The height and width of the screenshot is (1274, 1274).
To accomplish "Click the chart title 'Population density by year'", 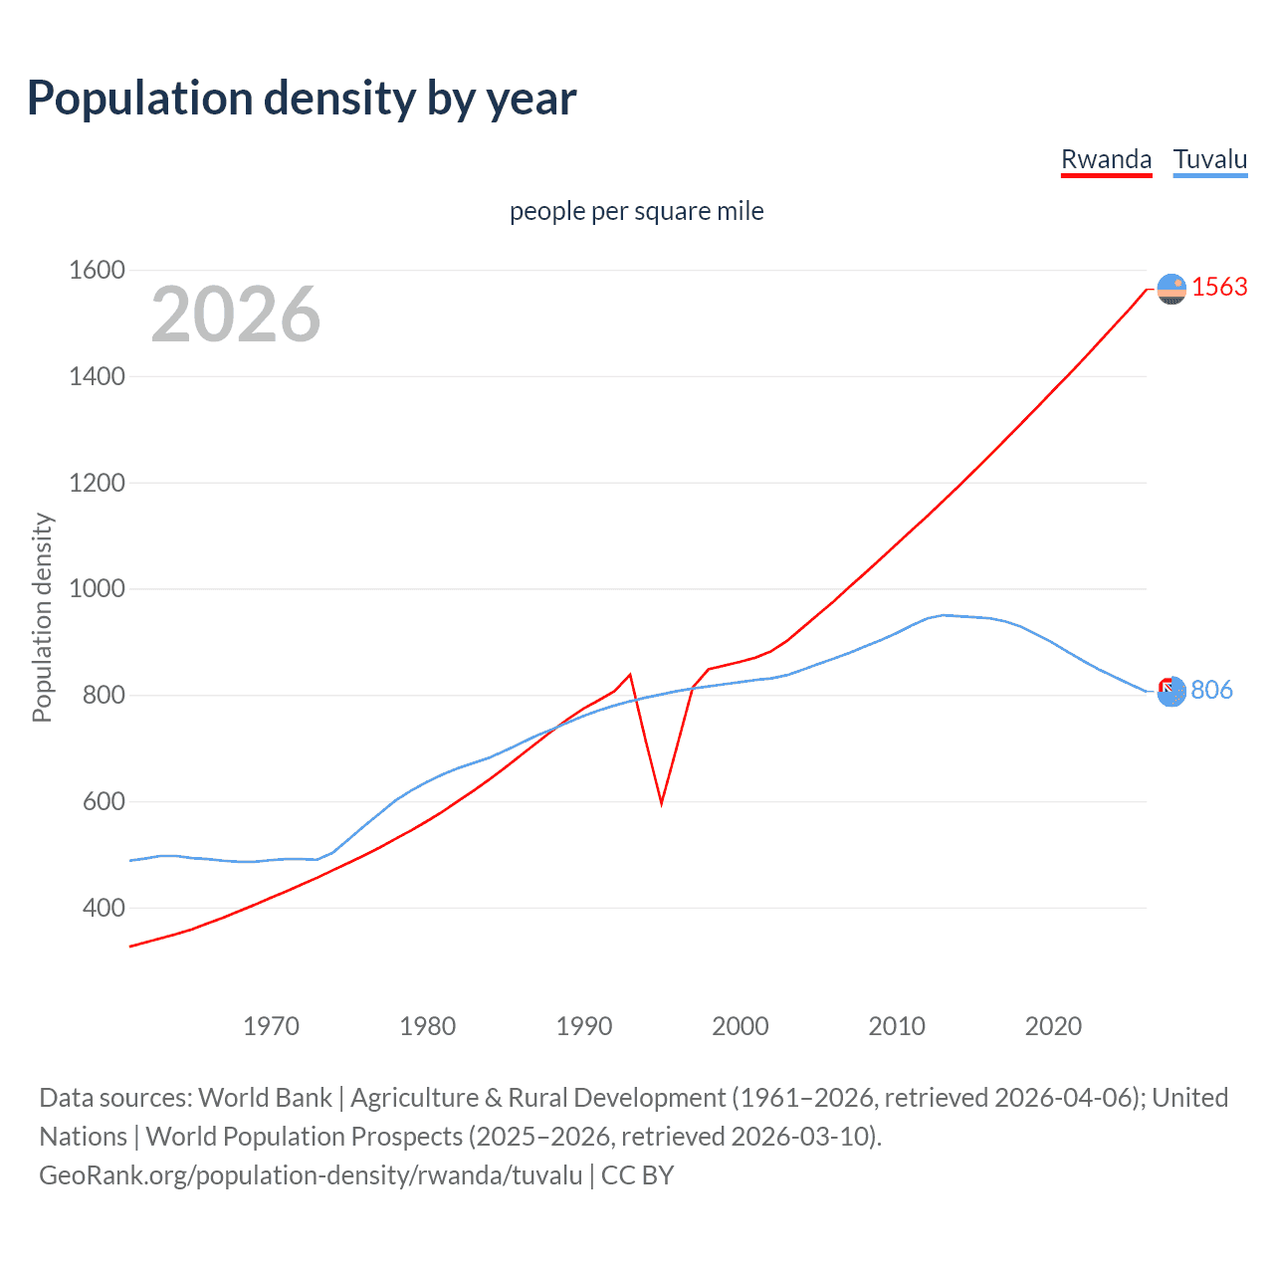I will click(x=302, y=99).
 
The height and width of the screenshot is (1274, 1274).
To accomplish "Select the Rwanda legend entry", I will click(x=1106, y=159).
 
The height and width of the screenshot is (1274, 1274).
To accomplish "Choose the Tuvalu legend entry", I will click(x=1209, y=159).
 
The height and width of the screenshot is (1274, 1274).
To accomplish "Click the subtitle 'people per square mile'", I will click(x=636, y=211).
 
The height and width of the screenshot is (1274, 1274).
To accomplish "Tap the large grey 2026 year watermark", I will click(x=236, y=315).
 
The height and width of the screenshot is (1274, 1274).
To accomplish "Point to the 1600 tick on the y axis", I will click(x=97, y=270).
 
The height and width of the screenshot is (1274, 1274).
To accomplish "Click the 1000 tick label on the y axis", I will click(x=97, y=588).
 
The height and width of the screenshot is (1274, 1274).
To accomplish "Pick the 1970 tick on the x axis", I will click(x=271, y=1026).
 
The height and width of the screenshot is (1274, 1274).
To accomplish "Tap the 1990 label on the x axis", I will click(x=584, y=1026).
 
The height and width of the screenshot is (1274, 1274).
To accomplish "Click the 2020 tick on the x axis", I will click(x=1053, y=1026).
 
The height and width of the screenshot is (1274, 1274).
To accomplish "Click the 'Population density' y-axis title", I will click(x=42, y=617).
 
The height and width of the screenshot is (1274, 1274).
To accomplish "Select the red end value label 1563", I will click(x=1219, y=287).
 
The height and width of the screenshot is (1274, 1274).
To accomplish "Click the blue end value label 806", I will click(x=1211, y=690).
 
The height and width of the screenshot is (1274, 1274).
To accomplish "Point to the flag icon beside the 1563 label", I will click(x=1171, y=289).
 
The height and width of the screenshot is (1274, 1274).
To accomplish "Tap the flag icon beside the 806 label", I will click(x=1171, y=691).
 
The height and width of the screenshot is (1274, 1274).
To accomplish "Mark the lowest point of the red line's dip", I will click(x=661, y=802).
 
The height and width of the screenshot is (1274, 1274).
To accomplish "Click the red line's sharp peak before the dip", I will click(x=630, y=675).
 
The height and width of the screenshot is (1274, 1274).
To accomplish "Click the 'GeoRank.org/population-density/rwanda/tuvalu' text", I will click(x=311, y=1174).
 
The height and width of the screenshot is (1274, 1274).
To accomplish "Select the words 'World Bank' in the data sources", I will click(x=265, y=1097).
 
